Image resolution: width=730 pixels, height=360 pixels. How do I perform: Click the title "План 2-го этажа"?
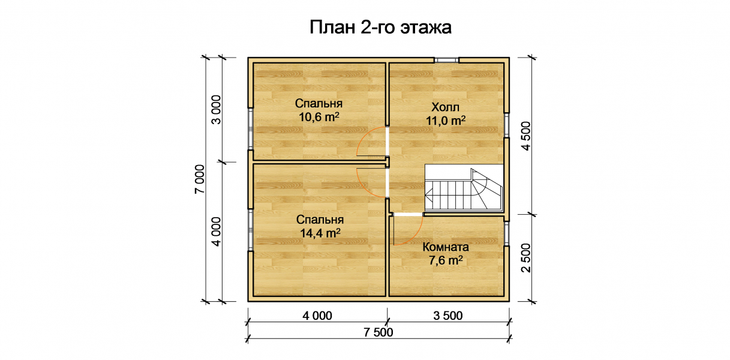pyautogui.click(x=380, y=28)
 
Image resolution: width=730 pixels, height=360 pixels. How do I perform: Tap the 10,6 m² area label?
pyautogui.click(x=319, y=117)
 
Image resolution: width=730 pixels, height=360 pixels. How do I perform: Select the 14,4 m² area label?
pyautogui.click(x=320, y=233)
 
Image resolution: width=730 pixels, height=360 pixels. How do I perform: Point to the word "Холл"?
pyautogui.click(x=446, y=107)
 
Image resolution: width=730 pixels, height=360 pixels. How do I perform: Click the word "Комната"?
pyautogui.click(x=446, y=247)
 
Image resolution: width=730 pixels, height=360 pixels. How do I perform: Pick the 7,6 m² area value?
pyautogui.click(x=446, y=260)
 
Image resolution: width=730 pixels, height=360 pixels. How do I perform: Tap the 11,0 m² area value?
pyautogui.click(x=446, y=121)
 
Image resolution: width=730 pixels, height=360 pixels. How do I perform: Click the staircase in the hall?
pyautogui.click(x=464, y=187)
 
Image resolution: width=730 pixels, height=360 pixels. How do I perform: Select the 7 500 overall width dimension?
pyautogui.click(x=378, y=332)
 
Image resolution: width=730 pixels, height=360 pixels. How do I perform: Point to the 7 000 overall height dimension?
pyautogui.click(x=200, y=179)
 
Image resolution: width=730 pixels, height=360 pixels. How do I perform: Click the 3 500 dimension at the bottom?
pyautogui.click(x=447, y=316)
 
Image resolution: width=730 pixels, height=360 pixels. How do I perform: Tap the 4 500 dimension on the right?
pyautogui.click(x=526, y=136)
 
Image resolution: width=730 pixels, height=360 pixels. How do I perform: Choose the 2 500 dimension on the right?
pyautogui.click(x=526, y=257)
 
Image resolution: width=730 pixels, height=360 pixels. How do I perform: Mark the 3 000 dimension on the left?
pyautogui.click(x=216, y=110)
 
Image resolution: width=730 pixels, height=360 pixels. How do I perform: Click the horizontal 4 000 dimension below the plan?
pyautogui.click(x=317, y=316)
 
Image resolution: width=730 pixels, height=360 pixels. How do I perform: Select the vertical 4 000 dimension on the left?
pyautogui.click(x=216, y=232)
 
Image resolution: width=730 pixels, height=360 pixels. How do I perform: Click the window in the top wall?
pyautogui.click(x=446, y=60)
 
